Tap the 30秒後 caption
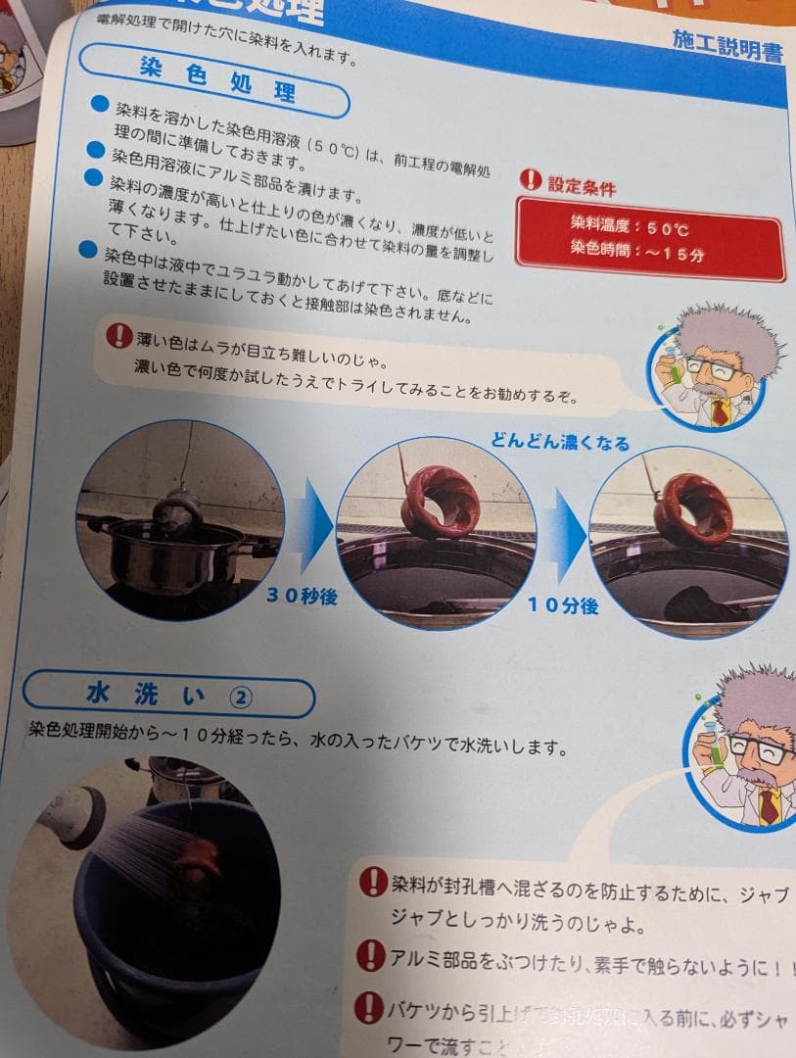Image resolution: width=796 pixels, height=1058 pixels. pyautogui.click(x=301, y=595)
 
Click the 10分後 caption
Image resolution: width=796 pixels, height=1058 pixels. pyautogui.click(x=562, y=604)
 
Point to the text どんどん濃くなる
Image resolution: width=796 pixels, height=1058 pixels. pyautogui.click(x=560, y=442)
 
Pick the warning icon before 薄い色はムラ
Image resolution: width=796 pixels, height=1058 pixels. pyautogui.click(x=118, y=337)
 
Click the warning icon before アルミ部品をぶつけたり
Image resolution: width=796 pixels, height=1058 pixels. pyautogui.click(x=370, y=954)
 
